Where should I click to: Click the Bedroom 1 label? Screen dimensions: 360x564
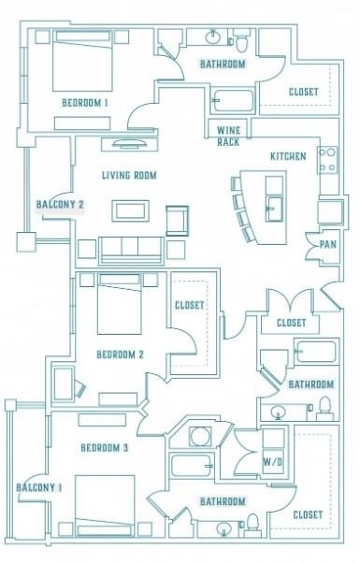[x=85, y=103]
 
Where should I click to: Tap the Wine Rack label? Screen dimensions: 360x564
[x=228, y=136]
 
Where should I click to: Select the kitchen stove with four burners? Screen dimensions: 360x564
[x=327, y=160]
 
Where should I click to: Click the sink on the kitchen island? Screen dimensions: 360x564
[x=274, y=209]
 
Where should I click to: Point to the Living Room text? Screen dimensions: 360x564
[x=129, y=176]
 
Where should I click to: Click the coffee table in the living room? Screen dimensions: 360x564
[x=130, y=210]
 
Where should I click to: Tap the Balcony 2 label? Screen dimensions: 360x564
[x=60, y=205]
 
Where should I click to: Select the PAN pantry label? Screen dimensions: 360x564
[x=327, y=245]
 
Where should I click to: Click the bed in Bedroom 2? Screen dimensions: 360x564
[x=120, y=304]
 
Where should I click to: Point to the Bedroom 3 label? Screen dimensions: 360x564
[x=105, y=448]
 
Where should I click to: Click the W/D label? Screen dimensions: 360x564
[x=273, y=462]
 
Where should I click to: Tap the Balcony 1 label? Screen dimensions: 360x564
[x=39, y=487]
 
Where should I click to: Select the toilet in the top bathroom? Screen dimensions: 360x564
[x=241, y=40]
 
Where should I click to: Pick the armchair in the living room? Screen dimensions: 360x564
[x=177, y=221]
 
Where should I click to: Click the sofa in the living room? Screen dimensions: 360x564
[x=132, y=251]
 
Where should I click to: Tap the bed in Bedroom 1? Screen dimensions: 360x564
[x=82, y=61]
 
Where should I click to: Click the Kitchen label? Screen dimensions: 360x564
[x=288, y=156]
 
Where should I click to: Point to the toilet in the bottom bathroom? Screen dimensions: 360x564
[x=253, y=526]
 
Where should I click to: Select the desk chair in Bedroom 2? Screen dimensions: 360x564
[x=79, y=388]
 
